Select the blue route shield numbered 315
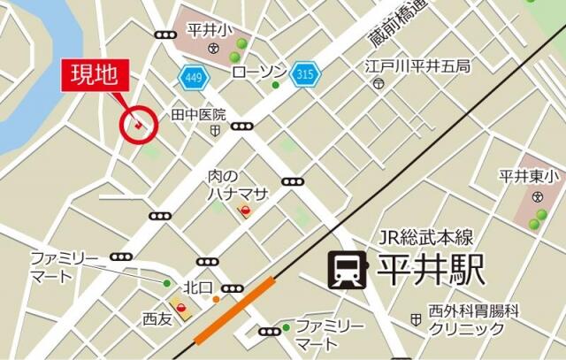[x=305, y=73]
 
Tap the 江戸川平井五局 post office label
[x=418, y=66]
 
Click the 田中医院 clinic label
[x=199, y=115]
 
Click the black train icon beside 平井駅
[x=346, y=270]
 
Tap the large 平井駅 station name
[x=432, y=270]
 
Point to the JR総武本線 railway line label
[x=426, y=237]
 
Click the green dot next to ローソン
[x=276, y=85]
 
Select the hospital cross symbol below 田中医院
[x=215, y=130]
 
